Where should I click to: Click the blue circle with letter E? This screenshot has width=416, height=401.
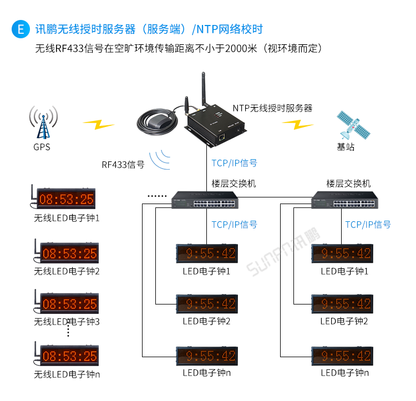tap(21, 29)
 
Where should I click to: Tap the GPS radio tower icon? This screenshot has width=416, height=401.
tap(43, 123)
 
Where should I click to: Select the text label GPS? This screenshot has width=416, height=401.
tap(42, 147)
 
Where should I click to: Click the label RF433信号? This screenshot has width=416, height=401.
tap(123, 165)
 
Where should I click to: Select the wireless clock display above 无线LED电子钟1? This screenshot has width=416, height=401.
tap(66, 199)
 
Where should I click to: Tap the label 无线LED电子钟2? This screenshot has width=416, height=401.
tap(67, 271)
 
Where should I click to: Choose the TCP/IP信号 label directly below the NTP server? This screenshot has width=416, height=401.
tap(234, 163)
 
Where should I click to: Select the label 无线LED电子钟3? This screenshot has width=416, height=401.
tap(67, 321)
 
